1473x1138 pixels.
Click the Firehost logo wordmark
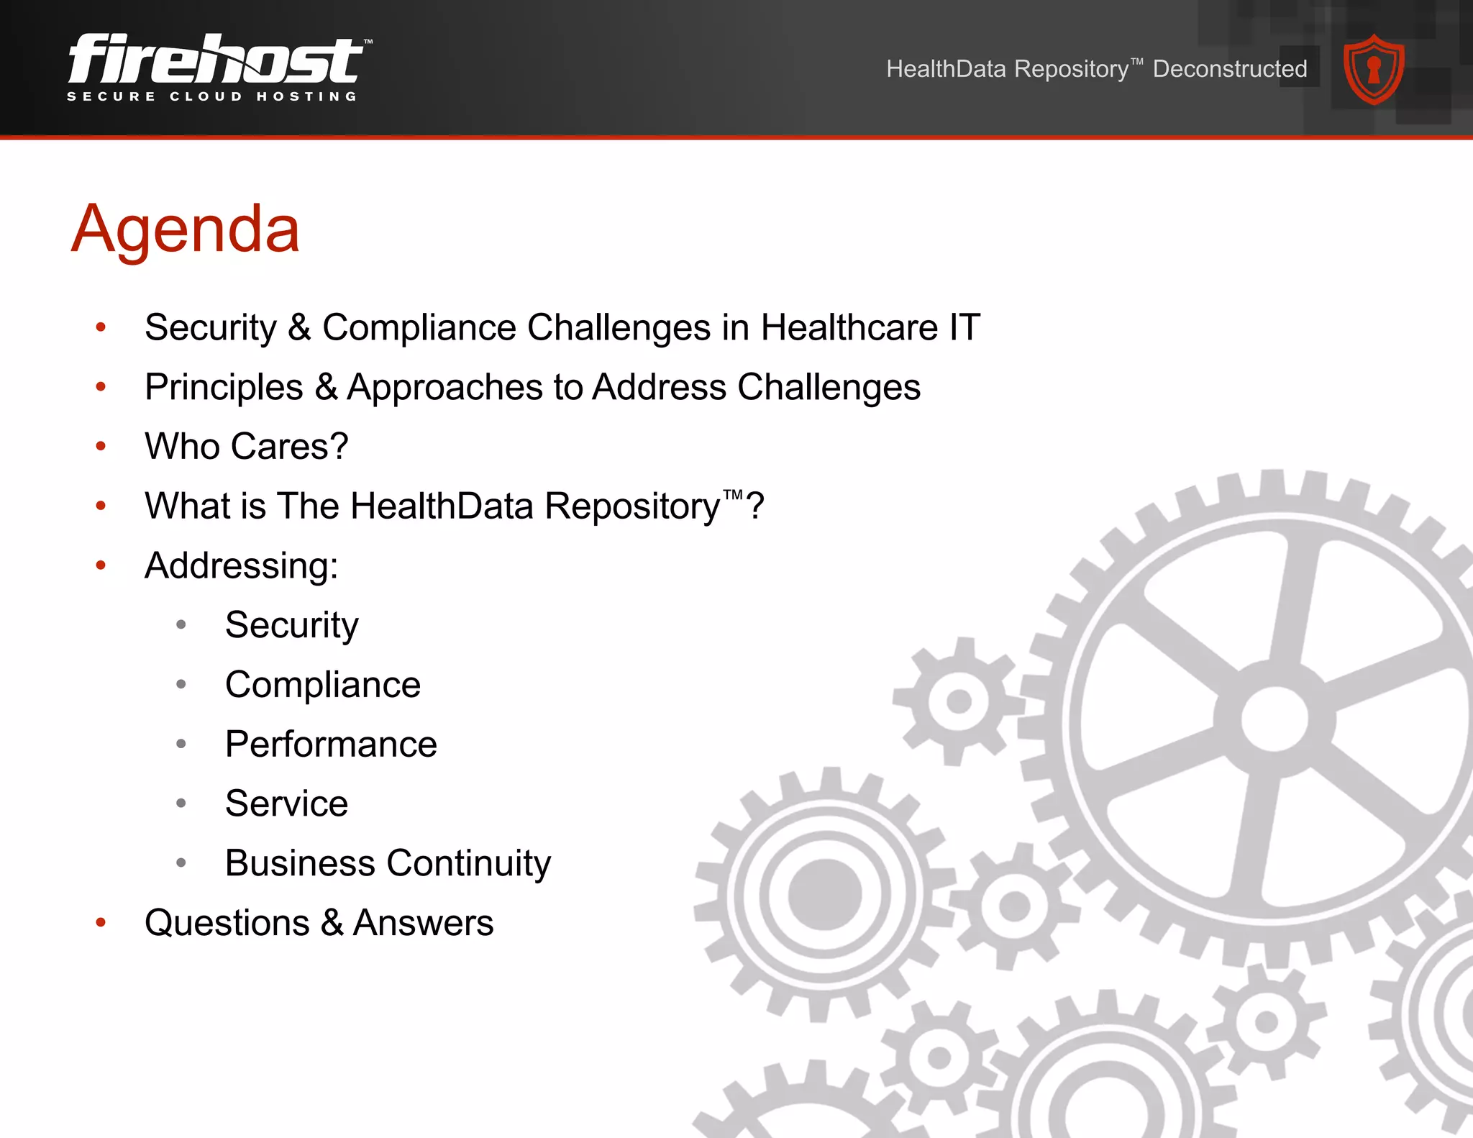point(216,59)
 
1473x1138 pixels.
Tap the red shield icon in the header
point(1374,70)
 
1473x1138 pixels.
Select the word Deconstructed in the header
point(1230,69)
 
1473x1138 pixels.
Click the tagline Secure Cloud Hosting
point(212,96)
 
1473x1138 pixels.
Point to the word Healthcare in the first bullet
point(849,327)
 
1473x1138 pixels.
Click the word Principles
point(224,387)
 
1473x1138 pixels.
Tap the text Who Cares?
point(247,446)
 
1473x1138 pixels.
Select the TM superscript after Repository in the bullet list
point(733,495)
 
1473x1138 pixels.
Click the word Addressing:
point(242,565)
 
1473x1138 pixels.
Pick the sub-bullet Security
point(291,625)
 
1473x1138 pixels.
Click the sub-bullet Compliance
point(323,684)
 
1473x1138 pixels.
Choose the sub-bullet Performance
point(331,744)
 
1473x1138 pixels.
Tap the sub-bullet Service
point(286,804)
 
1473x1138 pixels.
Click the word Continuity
point(469,863)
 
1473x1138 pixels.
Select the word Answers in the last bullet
point(423,923)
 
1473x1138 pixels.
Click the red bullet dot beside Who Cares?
point(101,447)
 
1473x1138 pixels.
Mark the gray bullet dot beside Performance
point(181,744)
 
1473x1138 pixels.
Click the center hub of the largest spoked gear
point(1274,719)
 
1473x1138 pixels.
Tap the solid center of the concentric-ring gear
point(825,894)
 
